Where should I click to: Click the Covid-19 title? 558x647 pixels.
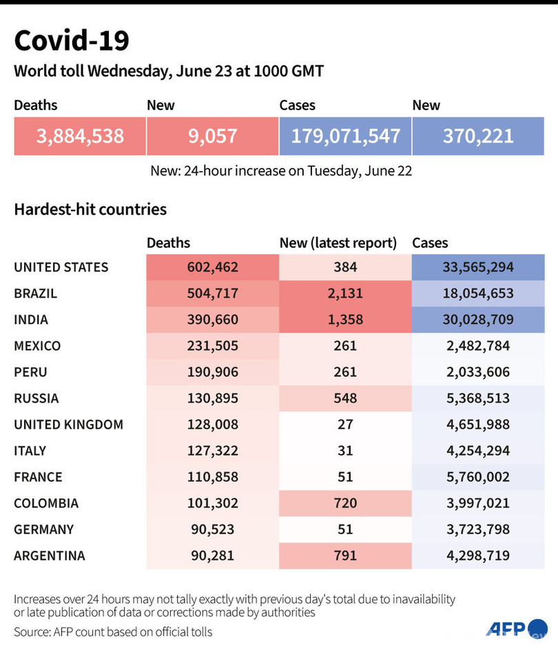click(x=72, y=41)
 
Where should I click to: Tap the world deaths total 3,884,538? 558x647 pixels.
click(x=80, y=136)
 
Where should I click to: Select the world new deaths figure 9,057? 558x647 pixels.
click(x=212, y=136)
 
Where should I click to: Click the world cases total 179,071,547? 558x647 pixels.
click(x=345, y=136)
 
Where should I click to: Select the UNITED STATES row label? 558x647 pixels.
click(x=61, y=267)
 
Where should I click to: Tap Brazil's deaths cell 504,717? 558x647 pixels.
click(x=212, y=293)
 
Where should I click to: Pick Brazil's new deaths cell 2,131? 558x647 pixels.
click(x=346, y=293)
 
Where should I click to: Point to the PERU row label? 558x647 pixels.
click(x=30, y=372)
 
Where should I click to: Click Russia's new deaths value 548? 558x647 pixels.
click(x=346, y=398)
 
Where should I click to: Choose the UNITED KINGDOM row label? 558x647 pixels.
click(x=69, y=424)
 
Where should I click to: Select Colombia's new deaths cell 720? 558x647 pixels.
click(x=346, y=502)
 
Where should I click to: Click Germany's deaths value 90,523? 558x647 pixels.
click(x=212, y=529)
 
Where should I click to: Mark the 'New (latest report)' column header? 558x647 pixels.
click(x=338, y=242)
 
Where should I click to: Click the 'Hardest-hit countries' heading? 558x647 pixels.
click(x=90, y=209)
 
